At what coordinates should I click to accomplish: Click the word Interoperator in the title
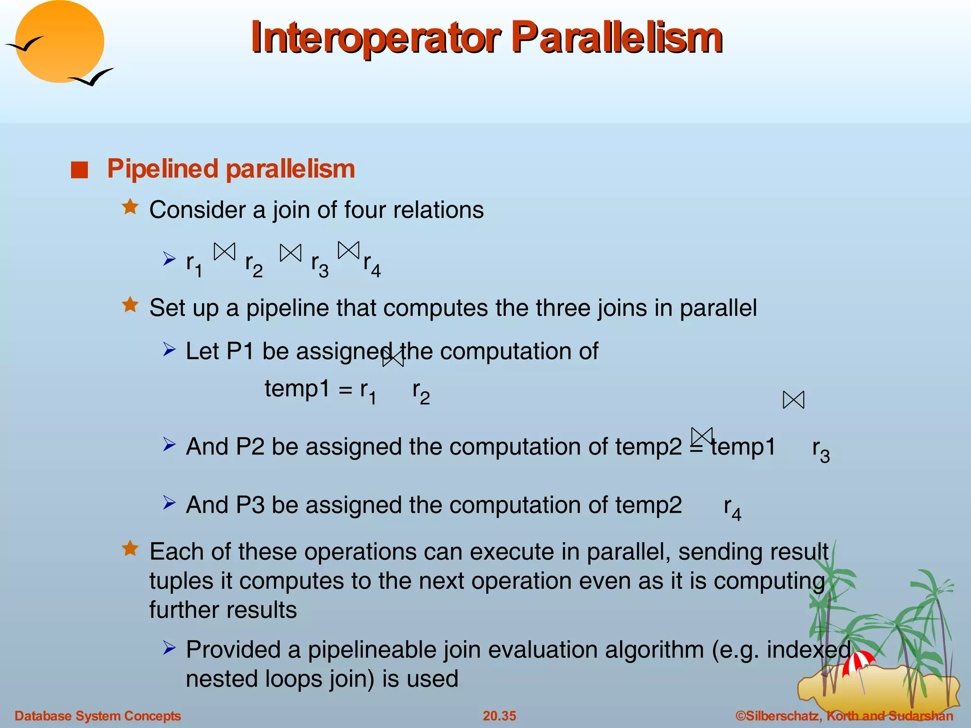coord(375,38)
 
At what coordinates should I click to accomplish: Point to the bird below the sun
coord(92,77)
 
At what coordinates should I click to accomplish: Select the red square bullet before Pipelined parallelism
coord(80,170)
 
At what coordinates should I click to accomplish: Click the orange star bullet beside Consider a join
coord(130,208)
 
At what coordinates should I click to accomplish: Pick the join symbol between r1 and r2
coord(224,252)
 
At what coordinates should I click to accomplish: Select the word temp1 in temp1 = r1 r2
coord(297,389)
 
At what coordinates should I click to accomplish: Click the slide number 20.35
coord(499,716)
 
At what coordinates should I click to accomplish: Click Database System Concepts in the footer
coord(98,716)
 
